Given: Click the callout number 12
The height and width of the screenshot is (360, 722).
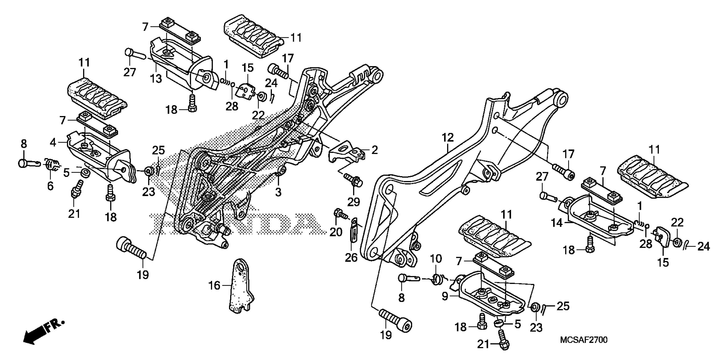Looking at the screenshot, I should pyautogui.click(x=447, y=138).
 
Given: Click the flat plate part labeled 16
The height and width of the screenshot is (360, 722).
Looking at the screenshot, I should pyautogui.click(x=241, y=286).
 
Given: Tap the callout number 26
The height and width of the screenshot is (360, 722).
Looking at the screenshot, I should pyautogui.click(x=351, y=258).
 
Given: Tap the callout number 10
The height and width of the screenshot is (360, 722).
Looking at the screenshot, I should pyautogui.click(x=436, y=259).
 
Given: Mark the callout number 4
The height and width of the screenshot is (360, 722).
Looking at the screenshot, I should pyautogui.click(x=53, y=143).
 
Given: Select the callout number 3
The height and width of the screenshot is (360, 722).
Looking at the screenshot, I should pyautogui.click(x=278, y=192).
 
